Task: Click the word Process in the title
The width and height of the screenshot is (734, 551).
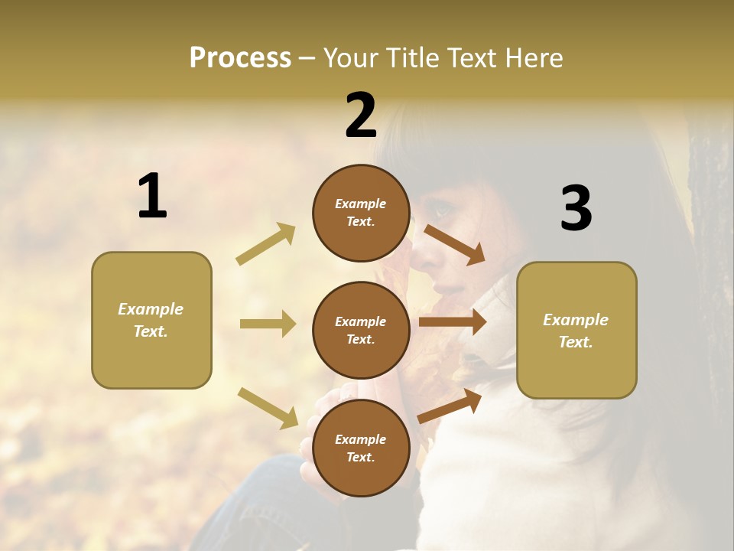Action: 240,57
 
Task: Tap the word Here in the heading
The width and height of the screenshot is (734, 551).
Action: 530,57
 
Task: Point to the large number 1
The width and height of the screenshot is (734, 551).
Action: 151,197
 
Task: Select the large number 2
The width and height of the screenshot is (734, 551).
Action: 361,116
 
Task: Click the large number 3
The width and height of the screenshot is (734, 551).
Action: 576,209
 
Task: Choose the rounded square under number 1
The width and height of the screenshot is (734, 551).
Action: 151,320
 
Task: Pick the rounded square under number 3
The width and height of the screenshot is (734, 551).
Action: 576,330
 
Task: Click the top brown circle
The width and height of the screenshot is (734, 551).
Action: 361,212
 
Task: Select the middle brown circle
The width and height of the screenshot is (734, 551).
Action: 361,330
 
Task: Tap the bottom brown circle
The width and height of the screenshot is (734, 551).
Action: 361,448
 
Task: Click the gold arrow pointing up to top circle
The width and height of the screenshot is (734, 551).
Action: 266,243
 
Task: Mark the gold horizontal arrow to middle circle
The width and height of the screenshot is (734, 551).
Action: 268,324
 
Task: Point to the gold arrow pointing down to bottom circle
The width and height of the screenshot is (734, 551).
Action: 268,407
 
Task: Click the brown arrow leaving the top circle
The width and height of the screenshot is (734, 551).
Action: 454,244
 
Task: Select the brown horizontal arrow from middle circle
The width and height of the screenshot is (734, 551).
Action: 453,322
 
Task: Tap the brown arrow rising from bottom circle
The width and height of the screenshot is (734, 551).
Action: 450,406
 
